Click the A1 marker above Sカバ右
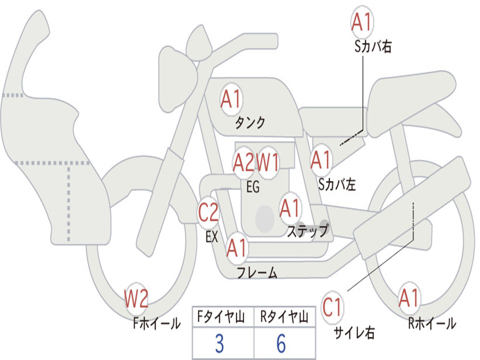tap(362, 22)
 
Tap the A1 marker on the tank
tap(232, 99)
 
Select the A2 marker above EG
tap(244, 162)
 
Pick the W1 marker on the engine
tap(268, 162)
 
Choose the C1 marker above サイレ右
tap(332, 307)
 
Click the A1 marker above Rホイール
tap(409, 298)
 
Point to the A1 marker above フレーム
tap(237, 248)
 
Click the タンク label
tap(250, 123)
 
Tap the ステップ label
tap(307, 231)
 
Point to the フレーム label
tap(257, 273)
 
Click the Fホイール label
tap(157, 323)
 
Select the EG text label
tap(253, 187)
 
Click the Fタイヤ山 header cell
tap(223, 317)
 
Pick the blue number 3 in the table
tap(219, 344)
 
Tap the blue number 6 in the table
tap(281, 344)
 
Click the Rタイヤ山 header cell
tap(285, 317)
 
